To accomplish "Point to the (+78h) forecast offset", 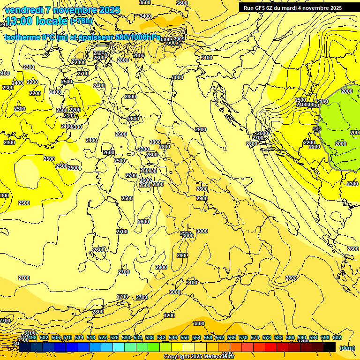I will [82, 22].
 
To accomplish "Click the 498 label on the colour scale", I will [32, 337].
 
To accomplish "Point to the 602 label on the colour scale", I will [337, 337].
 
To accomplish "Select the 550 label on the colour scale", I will [185, 337].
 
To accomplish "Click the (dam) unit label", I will [347, 348].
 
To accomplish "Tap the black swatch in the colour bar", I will [330, 347].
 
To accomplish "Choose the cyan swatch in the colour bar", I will [119, 347].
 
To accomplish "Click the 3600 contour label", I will [182, 3].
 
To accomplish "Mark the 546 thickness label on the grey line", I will [317, 128].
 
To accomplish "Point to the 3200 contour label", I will [169, 315].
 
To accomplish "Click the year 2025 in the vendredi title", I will [110, 10].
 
